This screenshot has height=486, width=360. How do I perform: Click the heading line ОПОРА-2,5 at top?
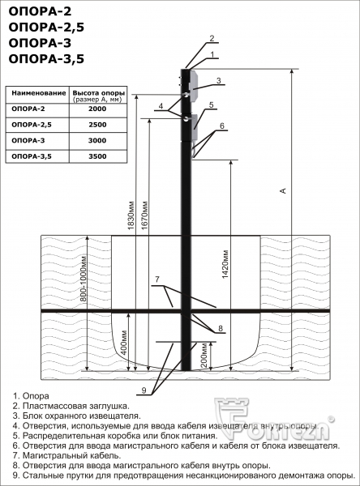(46, 28)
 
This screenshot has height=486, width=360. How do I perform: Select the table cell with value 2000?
(97, 109)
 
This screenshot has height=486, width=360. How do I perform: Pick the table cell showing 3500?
(97, 156)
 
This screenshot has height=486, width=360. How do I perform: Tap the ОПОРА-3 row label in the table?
(28, 140)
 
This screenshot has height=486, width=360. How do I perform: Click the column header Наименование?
(38, 92)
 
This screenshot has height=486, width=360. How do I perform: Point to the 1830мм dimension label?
(131, 216)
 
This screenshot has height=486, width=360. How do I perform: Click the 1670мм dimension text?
(144, 215)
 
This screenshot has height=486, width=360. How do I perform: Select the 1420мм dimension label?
(225, 264)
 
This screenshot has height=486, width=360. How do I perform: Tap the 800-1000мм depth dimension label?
(84, 279)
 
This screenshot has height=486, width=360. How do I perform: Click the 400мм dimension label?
(124, 342)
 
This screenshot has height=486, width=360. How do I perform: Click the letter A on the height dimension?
(283, 190)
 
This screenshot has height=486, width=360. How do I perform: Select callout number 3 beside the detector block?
(219, 80)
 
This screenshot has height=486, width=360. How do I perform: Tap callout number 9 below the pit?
(144, 390)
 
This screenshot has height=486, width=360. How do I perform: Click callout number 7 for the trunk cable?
(157, 279)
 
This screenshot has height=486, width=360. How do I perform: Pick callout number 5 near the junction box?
(212, 104)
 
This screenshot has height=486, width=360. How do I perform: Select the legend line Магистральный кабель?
(66, 455)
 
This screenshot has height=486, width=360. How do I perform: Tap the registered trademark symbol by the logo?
(332, 419)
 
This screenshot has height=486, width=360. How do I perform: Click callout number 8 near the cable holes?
(221, 329)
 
